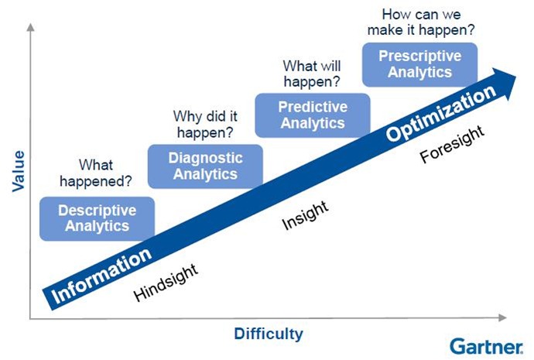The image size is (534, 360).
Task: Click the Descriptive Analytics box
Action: (96, 218)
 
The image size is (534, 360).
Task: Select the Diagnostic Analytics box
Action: (205, 166)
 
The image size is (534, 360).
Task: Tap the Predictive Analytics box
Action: (313, 115)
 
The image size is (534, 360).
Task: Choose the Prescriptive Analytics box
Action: (420, 63)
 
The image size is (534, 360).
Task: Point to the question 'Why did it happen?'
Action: (205, 124)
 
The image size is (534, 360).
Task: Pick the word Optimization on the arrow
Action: (440, 115)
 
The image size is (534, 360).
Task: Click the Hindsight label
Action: (166, 283)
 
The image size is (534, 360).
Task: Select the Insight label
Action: (304, 215)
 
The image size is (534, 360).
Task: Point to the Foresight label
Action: (452, 145)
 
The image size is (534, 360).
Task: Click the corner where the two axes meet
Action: (29, 317)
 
